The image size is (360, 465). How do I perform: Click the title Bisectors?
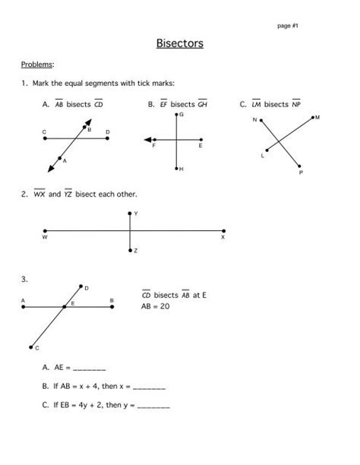coord(180,43)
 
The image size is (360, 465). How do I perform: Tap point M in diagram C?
coord(311,119)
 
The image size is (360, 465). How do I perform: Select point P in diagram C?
coord(301,167)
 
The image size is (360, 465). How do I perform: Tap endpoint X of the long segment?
coord(223,231)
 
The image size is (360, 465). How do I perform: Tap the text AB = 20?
coord(155,307)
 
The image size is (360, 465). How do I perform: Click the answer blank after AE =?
coord(90,367)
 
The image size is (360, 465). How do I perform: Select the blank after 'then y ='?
coord(154,405)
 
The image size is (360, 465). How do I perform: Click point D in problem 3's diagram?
coord(81,286)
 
